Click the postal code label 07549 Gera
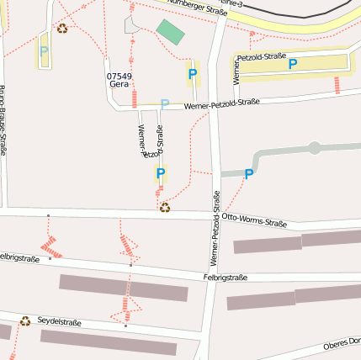pyautogui.click(x=119, y=80)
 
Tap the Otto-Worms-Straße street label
pyautogui.click(x=254, y=220)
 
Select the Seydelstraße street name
pyautogui.click(x=59, y=322)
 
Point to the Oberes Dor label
pyautogui.click(x=342, y=343)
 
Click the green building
pyautogui.click(x=170, y=33)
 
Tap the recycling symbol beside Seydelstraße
pyautogui.click(x=25, y=320)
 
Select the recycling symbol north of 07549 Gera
pyautogui.click(x=62, y=28)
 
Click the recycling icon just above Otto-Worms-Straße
pyautogui.click(x=165, y=207)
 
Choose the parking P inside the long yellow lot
pyautogui.click(x=292, y=64)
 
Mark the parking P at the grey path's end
pyautogui.click(x=248, y=174)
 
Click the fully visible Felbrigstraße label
pyautogui.click(x=225, y=277)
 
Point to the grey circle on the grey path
pyautogui.click(x=315, y=148)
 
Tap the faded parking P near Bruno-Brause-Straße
pyautogui.click(x=44, y=50)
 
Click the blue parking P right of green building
pyautogui.click(x=193, y=75)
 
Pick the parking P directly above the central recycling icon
pyautogui.click(x=160, y=173)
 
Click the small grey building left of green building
pyautogui.click(x=132, y=24)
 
